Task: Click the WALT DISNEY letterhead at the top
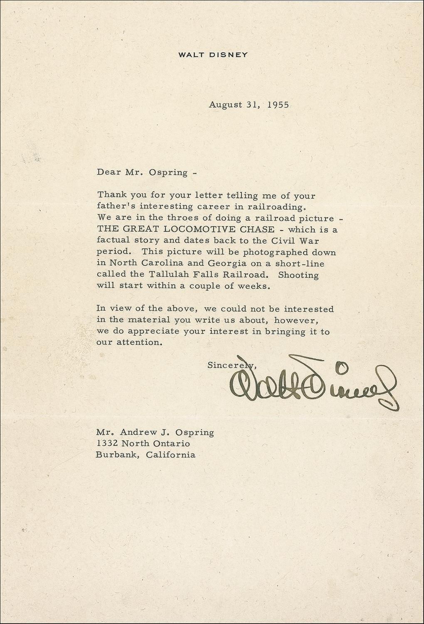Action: (x=213, y=54)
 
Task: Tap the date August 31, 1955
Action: (x=249, y=104)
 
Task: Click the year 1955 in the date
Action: (x=278, y=104)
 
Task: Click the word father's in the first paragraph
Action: (x=113, y=206)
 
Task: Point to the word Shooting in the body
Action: (x=298, y=275)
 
